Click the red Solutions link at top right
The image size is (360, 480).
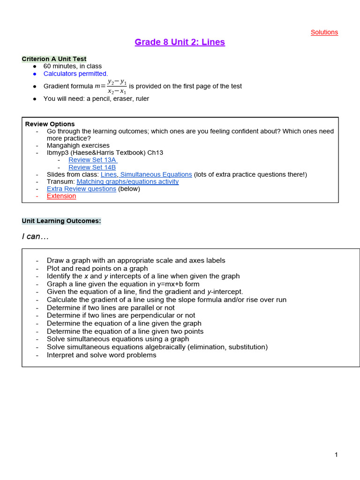click(324, 32)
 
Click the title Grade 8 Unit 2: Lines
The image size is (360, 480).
click(180, 42)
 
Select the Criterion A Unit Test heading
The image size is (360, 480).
click(54, 59)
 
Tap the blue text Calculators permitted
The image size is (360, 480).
click(75, 74)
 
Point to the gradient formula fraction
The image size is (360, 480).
click(117, 86)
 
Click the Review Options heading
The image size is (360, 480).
click(50, 124)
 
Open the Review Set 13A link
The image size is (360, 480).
click(92, 160)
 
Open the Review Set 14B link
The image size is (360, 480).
click(92, 167)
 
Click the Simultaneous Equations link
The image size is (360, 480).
click(156, 174)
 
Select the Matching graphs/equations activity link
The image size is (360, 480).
click(127, 181)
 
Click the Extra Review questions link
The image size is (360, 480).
click(81, 189)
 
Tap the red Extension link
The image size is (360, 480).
click(61, 196)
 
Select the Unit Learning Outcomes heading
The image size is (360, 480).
click(61, 221)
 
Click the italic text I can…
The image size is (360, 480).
click(35, 237)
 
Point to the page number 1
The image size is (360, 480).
click(336, 455)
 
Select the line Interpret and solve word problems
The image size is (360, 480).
click(101, 355)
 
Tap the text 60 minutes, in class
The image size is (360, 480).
click(72, 67)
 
